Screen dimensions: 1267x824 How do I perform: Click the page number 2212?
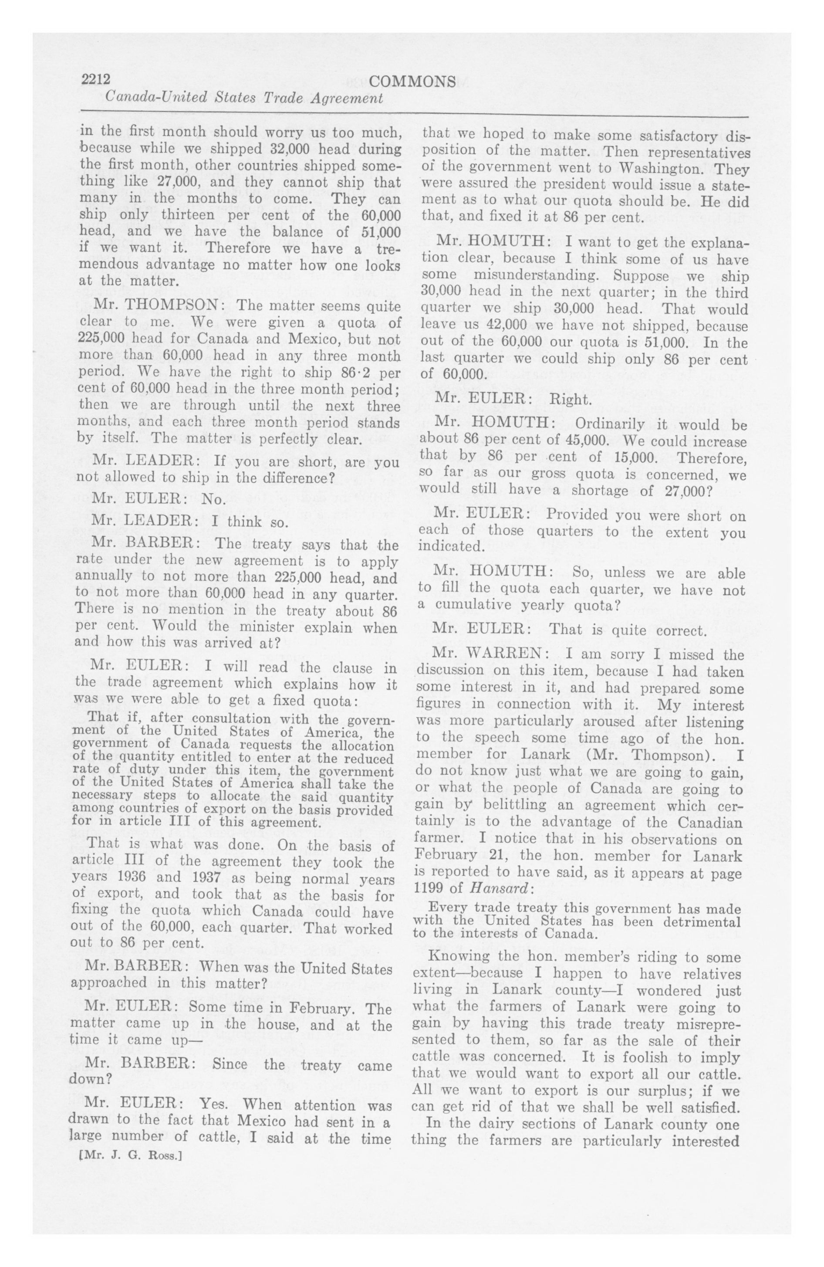click(95, 80)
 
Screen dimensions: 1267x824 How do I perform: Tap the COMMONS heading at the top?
click(412, 81)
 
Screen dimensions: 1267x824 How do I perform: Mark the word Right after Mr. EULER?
click(570, 399)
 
